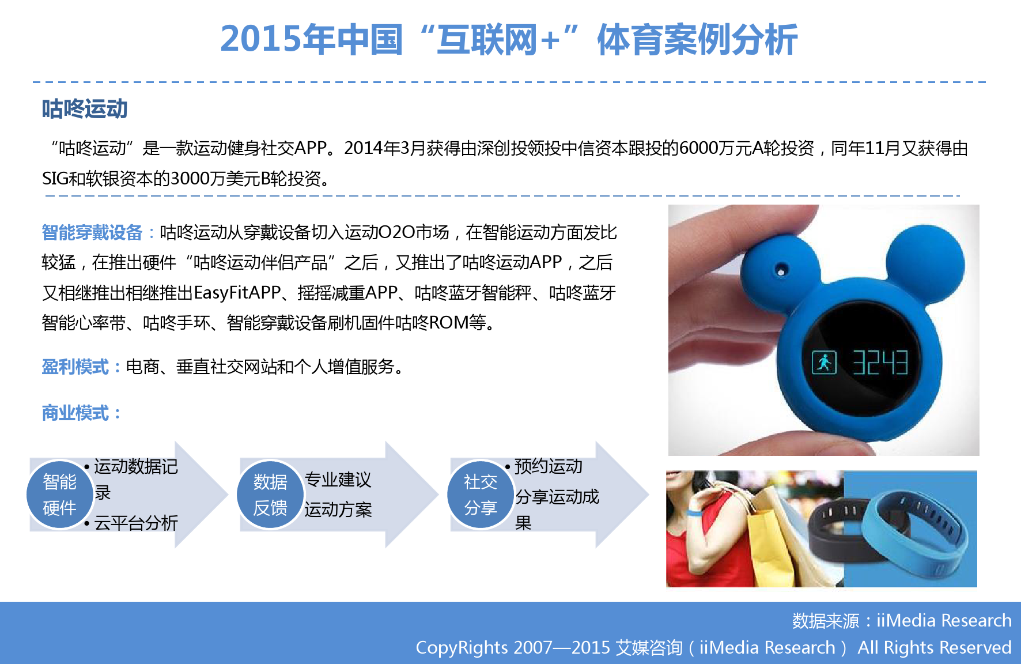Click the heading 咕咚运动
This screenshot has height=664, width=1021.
(84, 108)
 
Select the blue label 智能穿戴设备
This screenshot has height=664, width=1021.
(92, 232)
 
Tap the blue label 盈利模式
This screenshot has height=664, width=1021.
(75, 367)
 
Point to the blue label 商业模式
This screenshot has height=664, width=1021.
(75, 413)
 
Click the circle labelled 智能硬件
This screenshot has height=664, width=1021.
(60, 494)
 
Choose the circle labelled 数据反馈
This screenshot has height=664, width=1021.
(270, 494)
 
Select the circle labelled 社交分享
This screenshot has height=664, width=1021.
(481, 494)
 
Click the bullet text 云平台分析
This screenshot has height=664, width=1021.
(136, 523)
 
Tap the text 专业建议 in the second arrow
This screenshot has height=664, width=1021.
(338, 480)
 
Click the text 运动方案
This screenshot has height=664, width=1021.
(338, 510)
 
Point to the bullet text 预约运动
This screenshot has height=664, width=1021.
(548, 466)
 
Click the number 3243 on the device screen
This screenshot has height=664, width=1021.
(880, 363)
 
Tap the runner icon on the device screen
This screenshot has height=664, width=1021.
(824, 363)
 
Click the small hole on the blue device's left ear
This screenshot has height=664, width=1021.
(781, 269)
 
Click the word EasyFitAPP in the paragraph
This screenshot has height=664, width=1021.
(237, 293)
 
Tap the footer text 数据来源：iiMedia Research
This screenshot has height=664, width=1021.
(902, 620)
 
